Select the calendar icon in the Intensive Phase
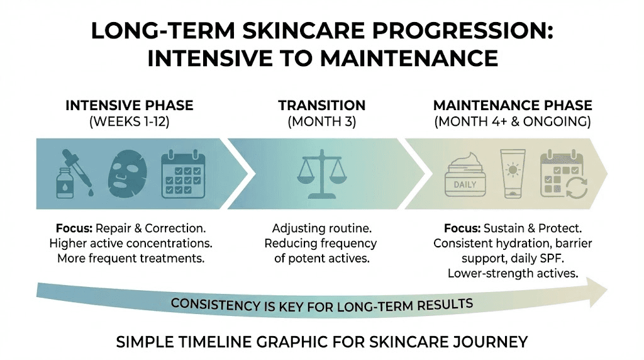click(x=182, y=173)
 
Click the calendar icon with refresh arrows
click(x=564, y=174)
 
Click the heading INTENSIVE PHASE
click(x=130, y=105)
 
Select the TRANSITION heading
click(x=321, y=105)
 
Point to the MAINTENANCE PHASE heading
click(x=512, y=105)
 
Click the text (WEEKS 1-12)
click(x=130, y=121)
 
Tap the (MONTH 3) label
click(x=321, y=121)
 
